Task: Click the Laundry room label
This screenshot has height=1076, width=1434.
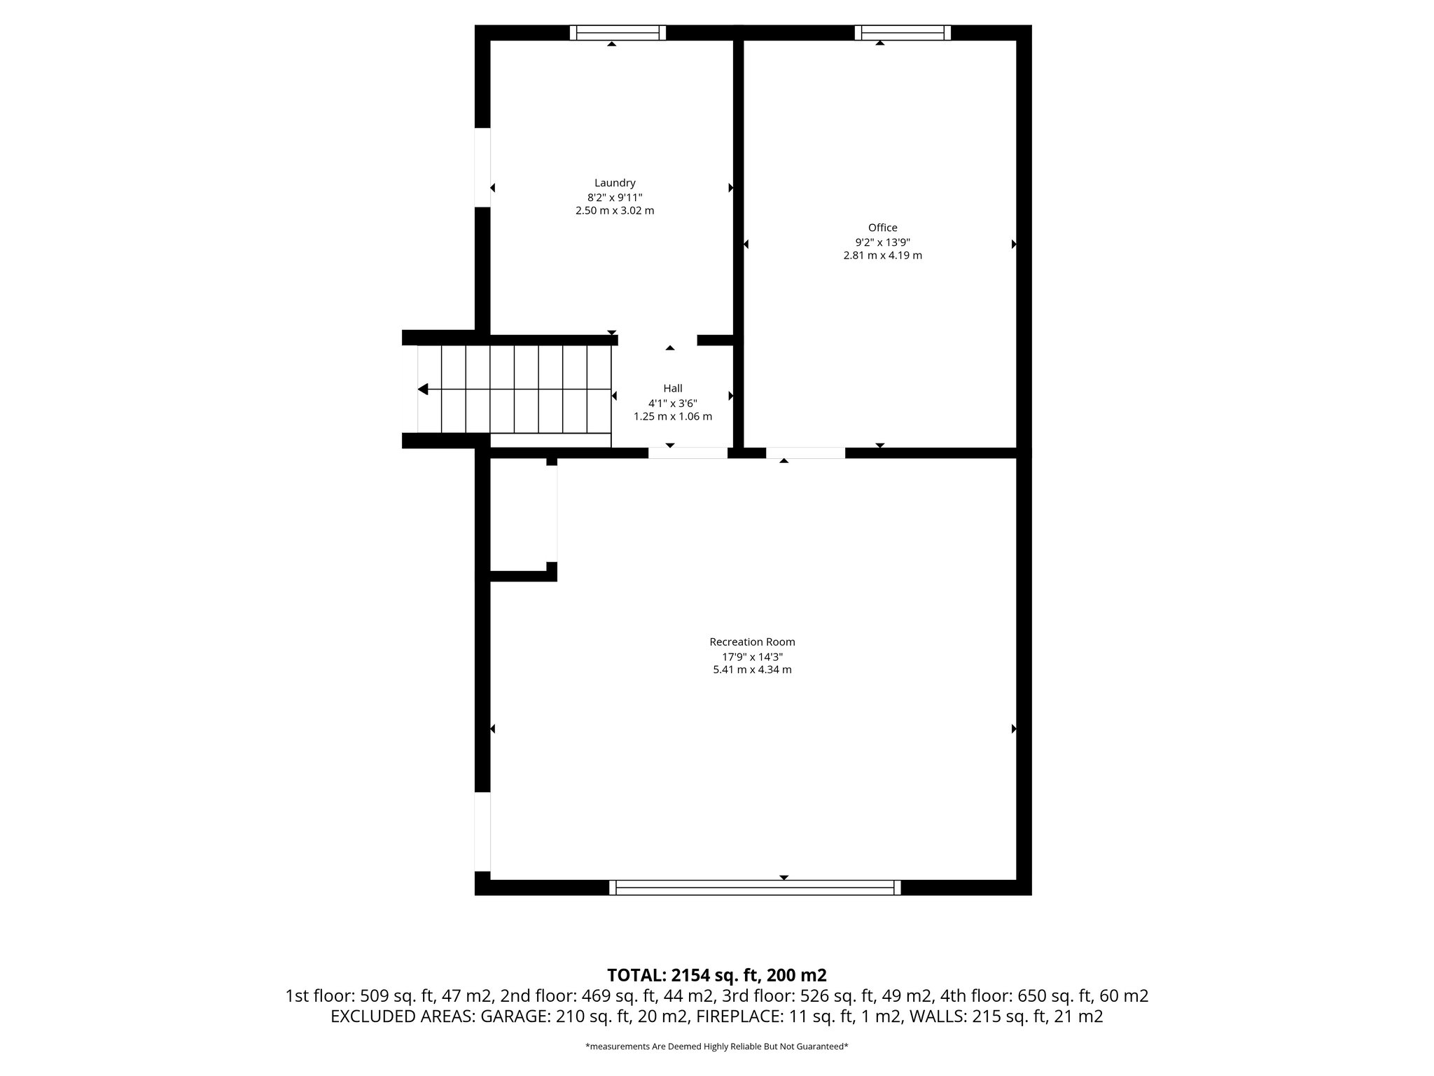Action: pos(615,184)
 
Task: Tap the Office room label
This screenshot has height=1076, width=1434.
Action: pos(882,228)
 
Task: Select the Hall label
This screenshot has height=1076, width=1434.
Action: pos(672,388)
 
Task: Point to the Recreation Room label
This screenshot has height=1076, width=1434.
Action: pos(752,642)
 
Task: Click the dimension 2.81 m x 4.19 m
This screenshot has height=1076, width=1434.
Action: pos(882,256)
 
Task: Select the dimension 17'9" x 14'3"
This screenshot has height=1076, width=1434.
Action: pos(752,657)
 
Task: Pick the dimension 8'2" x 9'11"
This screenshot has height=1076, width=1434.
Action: pos(615,198)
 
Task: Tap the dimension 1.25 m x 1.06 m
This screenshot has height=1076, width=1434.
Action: pos(672,417)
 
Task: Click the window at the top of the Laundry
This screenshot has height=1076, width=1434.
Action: pos(617,32)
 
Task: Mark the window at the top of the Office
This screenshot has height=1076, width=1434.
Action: pos(903,32)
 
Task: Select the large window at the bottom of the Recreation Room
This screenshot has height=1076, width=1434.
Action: pos(755,888)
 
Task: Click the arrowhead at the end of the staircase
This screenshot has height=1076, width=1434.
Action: pos(423,389)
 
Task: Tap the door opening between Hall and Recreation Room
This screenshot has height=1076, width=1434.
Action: pos(688,453)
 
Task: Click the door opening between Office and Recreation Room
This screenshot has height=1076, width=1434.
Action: pos(805,453)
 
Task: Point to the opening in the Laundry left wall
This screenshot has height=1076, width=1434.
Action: pos(482,167)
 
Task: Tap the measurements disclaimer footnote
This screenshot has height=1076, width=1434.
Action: pos(716,1047)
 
